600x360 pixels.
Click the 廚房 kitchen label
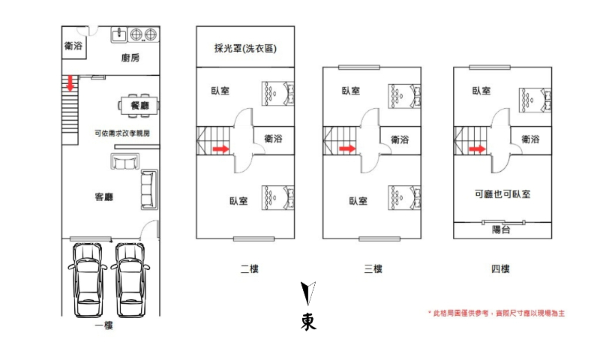tap(130, 58)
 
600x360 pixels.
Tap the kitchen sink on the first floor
tap(119, 34)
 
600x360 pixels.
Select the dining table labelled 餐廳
tap(139, 105)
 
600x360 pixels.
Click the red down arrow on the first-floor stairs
tap(70, 83)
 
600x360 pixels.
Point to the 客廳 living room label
tap(104, 197)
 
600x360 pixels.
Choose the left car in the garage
tap(88, 280)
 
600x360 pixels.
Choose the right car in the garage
tap(130, 280)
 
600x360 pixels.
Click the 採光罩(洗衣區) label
tap(245, 48)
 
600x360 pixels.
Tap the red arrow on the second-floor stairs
tap(220, 148)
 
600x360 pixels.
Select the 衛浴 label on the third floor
tap(400, 139)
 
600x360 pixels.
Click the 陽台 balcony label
tap(501, 229)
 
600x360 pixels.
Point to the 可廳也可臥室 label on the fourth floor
tap(502, 194)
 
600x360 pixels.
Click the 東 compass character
tap(308, 322)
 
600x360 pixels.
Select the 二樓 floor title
tap(250, 269)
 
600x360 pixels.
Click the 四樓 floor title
tap(500, 269)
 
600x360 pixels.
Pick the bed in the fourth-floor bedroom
tap(535, 100)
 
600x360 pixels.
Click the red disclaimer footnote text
tap(496, 313)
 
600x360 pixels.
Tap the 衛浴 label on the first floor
tap(73, 46)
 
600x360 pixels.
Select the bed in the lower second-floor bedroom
tap(277, 198)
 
